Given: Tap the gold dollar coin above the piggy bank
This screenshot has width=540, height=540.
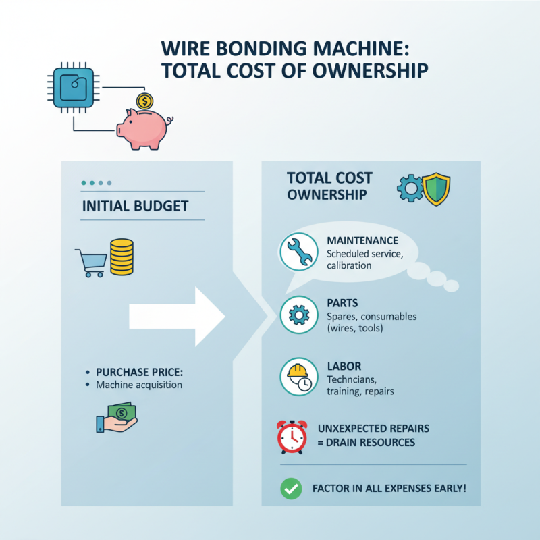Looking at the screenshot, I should click(144, 101).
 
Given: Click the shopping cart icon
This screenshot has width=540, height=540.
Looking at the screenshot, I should click(91, 262).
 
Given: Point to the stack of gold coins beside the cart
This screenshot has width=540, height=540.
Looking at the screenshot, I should click(122, 257).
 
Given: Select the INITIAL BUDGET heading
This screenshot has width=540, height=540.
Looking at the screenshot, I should click(135, 207).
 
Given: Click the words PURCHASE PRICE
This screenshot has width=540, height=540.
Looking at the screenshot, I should click(140, 372).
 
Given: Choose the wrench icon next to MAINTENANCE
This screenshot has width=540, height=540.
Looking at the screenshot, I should click(298, 252).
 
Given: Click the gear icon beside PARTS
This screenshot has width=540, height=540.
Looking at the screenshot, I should click(298, 314).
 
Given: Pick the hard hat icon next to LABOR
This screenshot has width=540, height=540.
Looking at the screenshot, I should click(298, 375).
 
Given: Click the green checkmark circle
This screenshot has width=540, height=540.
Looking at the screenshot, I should click(291, 489).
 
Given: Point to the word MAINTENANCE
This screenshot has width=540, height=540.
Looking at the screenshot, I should click(362, 241).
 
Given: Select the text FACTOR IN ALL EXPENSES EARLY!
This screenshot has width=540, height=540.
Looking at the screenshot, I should click(389, 487).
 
